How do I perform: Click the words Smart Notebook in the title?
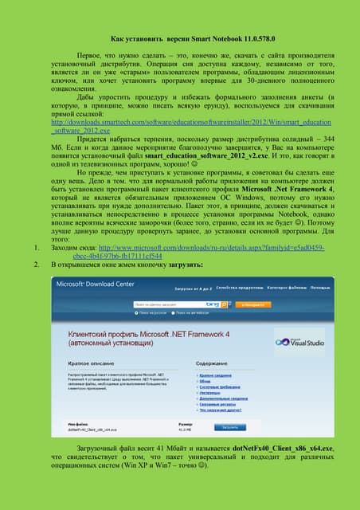[180, 38]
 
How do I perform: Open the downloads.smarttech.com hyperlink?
[180, 124]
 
